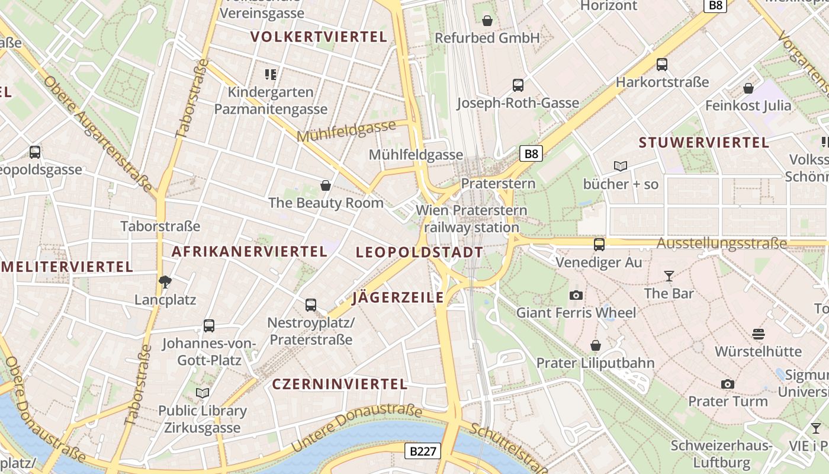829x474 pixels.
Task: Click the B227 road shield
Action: click(x=423, y=451)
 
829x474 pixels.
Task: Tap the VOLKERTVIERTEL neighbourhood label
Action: click(x=319, y=37)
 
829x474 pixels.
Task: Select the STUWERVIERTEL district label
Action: click(x=704, y=142)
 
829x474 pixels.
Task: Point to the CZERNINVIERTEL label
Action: click(x=340, y=384)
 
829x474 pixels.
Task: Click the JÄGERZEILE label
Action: click(x=398, y=297)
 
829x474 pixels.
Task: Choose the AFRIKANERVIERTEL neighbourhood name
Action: click(x=249, y=251)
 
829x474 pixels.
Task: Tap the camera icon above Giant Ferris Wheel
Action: click(x=576, y=295)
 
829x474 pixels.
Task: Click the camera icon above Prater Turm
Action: click(x=728, y=384)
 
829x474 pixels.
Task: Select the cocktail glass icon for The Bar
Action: click(x=669, y=276)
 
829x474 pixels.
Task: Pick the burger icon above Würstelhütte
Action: click(x=759, y=334)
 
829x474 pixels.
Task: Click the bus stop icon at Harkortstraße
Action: click(x=662, y=65)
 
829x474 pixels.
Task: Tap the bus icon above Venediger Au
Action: click(x=599, y=244)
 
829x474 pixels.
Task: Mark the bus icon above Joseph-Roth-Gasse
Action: click(x=518, y=85)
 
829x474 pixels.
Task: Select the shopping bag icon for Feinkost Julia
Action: click(x=748, y=88)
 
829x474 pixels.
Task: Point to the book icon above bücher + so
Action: click(x=621, y=166)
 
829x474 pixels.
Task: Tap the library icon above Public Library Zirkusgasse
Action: click(x=203, y=393)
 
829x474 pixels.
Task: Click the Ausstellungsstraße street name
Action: click(x=722, y=244)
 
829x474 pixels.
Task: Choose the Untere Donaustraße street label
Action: click(x=357, y=428)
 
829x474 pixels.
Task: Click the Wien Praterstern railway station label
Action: click(x=471, y=219)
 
